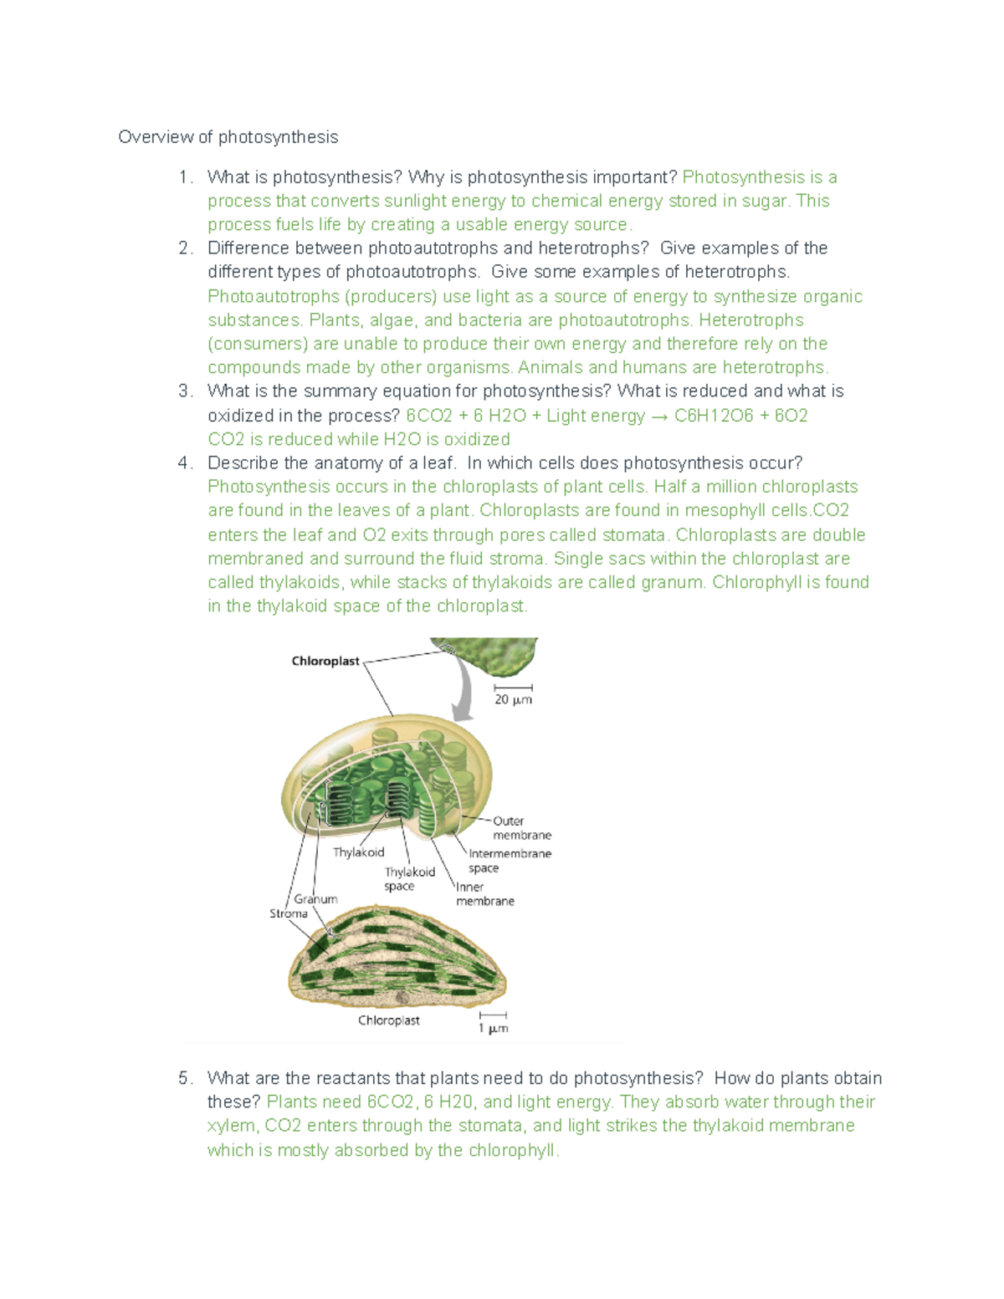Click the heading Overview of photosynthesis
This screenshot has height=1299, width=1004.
228,137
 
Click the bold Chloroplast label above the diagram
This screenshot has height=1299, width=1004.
325,661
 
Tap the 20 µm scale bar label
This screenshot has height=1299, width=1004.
513,699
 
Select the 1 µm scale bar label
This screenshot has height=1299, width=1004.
493,1028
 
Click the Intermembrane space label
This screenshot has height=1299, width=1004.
510,861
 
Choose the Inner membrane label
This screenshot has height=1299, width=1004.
484,894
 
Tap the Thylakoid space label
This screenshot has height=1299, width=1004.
409,878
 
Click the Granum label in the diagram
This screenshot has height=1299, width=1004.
315,898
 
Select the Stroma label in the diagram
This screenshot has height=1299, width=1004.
288,913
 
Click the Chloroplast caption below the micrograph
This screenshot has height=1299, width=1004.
389,1020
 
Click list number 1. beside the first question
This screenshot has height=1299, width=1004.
185,177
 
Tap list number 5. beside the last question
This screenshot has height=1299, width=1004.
185,1078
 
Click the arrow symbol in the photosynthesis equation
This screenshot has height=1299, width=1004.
659,417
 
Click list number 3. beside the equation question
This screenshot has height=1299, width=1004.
185,391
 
